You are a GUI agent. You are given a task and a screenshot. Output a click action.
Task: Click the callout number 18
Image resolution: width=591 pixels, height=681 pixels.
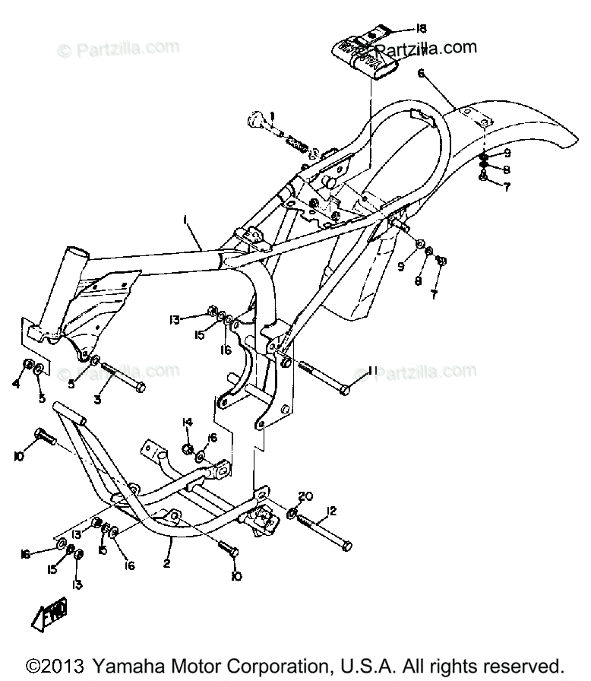[422, 29]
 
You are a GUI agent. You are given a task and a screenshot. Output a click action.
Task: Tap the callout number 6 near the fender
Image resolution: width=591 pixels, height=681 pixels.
[421, 74]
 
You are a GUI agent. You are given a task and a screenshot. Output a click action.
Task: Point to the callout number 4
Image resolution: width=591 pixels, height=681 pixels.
[15, 384]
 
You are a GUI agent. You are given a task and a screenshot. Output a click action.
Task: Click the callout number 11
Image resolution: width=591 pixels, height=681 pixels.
[372, 370]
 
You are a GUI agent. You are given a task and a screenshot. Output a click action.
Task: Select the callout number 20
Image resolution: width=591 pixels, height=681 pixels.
[305, 496]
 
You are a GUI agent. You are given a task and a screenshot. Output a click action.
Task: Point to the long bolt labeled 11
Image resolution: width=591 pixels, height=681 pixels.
[322, 376]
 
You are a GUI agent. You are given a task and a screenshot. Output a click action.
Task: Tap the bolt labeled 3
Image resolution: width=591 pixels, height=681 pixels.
[122, 377]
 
